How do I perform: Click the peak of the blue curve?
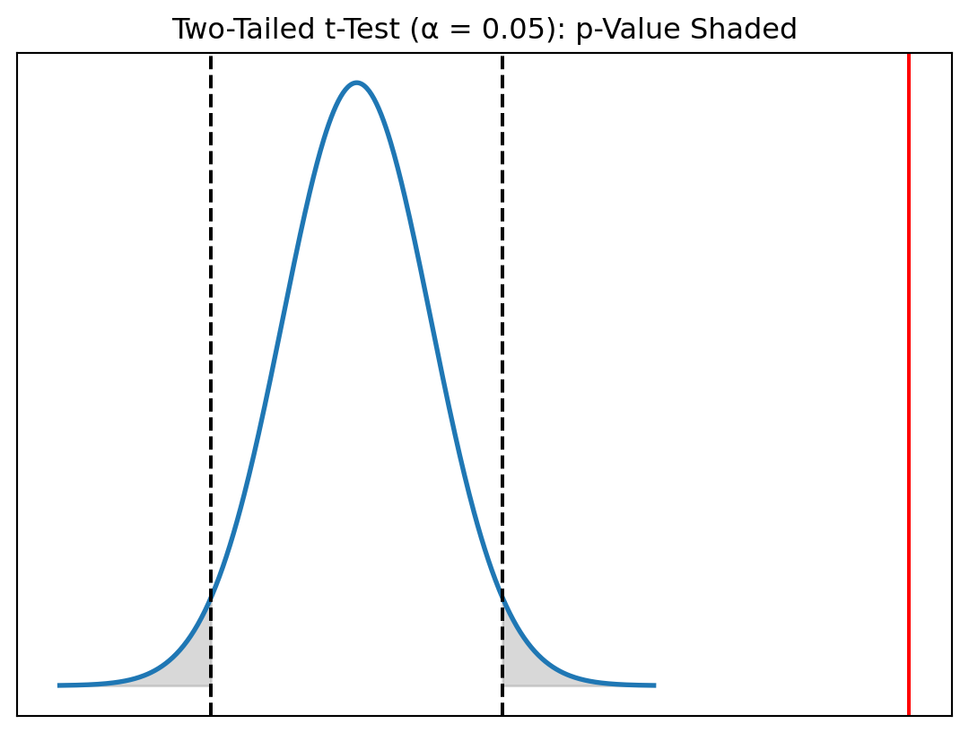click(x=357, y=83)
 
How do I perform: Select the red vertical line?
click(x=909, y=386)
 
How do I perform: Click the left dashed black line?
click(x=211, y=359)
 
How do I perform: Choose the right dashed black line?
click(x=502, y=359)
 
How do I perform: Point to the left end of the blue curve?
click(x=59, y=685)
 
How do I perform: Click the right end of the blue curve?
click(x=654, y=685)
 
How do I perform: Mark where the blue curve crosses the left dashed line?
click(x=211, y=598)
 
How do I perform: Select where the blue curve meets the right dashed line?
click(x=502, y=596)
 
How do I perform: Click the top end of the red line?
click(x=909, y=55)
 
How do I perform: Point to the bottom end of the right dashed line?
click(x=502, y=714)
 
